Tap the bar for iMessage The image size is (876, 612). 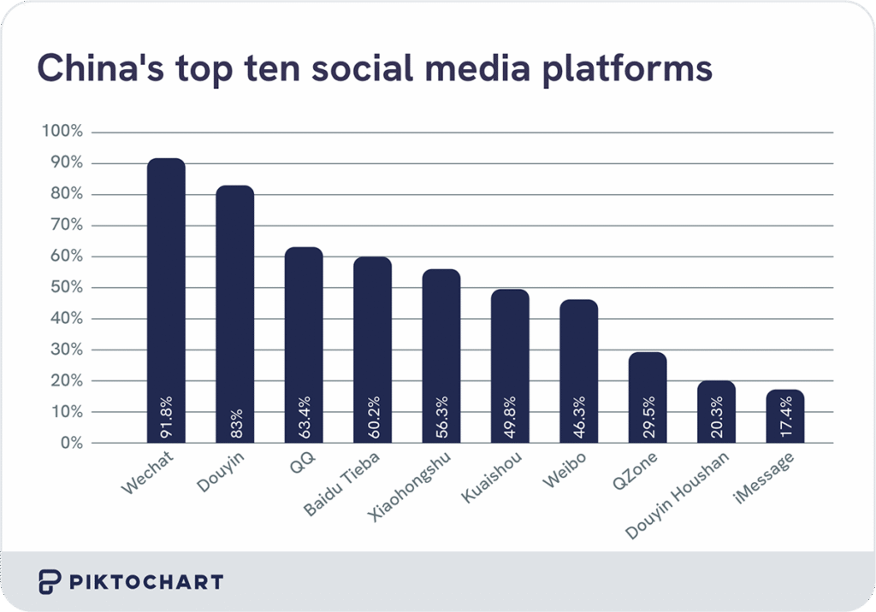784,416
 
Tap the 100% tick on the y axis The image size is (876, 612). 62,132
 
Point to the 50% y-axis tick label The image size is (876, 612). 65,288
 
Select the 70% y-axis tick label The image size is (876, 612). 65,226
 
